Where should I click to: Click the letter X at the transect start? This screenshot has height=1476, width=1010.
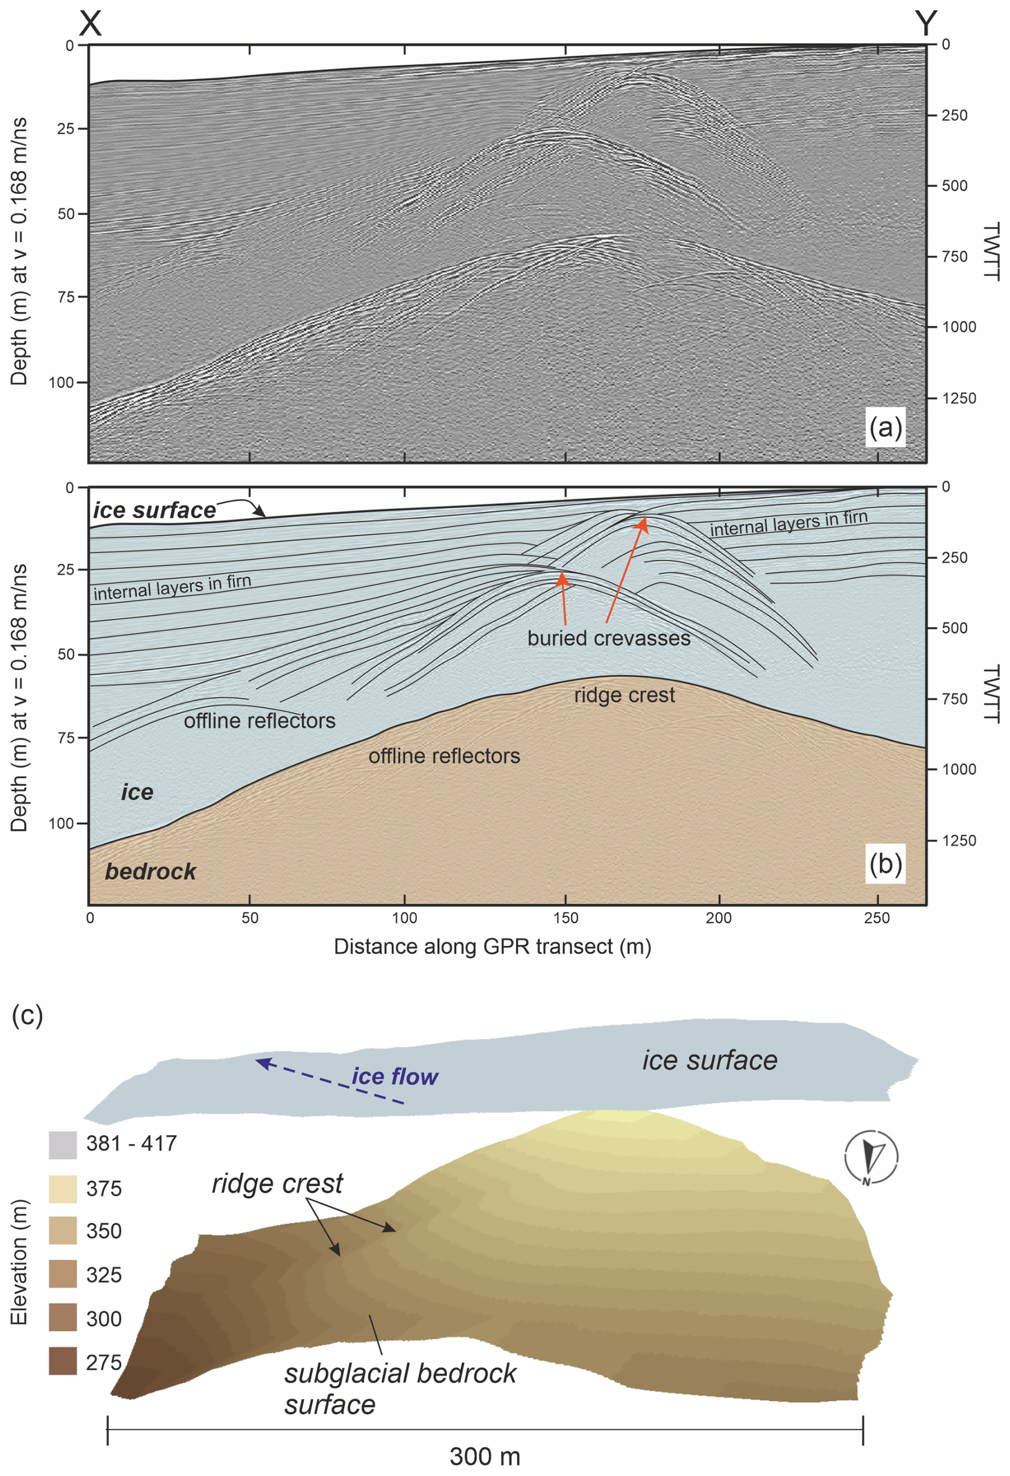click(x=90, y=23)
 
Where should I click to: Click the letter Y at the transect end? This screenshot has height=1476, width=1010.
click(x=926, y=23)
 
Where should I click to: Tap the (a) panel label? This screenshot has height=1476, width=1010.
click(x=885, y=428)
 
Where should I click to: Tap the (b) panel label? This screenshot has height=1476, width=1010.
click(x=885, y=864)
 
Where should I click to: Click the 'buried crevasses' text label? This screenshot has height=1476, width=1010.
click(x=609, y=638)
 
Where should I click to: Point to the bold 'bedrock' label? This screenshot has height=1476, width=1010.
click(x=151, y=871)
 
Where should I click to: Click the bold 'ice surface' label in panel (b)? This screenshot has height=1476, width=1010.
click(x=154, y=510)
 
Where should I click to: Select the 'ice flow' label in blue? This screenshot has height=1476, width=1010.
click(x=394, y=1077)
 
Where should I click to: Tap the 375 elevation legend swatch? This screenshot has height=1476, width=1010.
click(x=62, y=1189)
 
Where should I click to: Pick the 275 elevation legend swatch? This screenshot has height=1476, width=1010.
click(x=62, y=1361)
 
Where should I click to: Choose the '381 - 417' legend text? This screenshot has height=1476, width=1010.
click(x=131, y=1143)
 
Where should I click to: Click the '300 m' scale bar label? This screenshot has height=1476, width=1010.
click(x=485, y=1456)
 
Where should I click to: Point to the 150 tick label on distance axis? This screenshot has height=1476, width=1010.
click(x=565, y=918)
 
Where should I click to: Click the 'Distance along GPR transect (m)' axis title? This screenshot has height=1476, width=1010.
click(x=492, y=946)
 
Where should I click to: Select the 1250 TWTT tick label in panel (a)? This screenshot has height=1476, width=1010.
click(x=959, y=398)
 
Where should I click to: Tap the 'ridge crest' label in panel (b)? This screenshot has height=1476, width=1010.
click(x=624, y=696)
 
